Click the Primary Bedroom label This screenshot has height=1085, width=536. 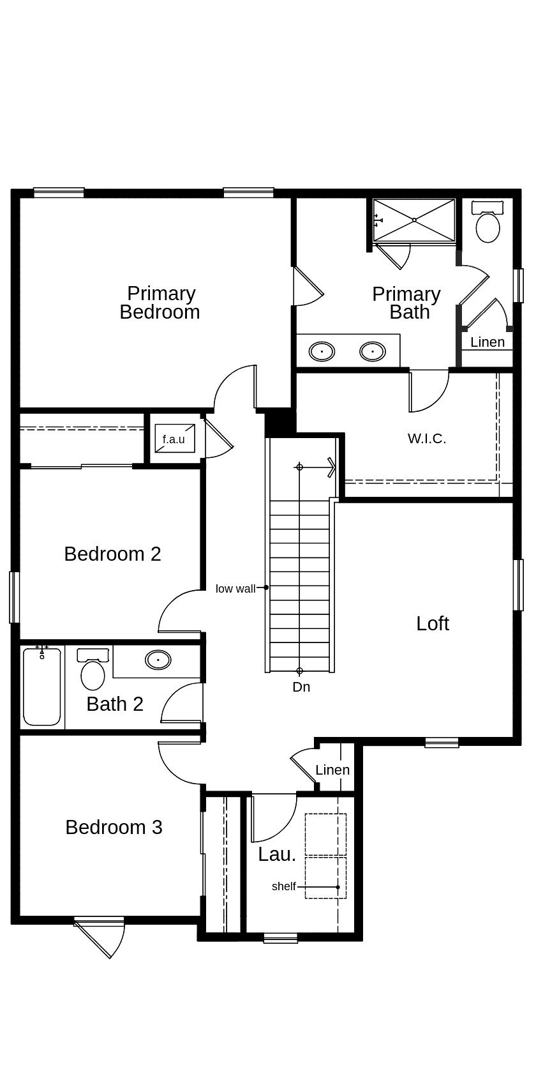tap(160, 303)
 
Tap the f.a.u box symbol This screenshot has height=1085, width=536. tap(174, 438)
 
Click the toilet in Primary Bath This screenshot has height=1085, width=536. tap(488, 227)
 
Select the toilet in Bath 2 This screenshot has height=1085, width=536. tap(93, 674)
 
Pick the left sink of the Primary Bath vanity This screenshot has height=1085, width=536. tap(322, 351)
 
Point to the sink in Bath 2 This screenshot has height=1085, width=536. tap(158, 659)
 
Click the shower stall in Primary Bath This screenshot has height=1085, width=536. tap(414, 220)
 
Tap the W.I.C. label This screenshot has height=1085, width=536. tap(427, 439)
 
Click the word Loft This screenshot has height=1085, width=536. tap(433, 623)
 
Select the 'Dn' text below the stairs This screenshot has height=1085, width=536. tap(301, 687)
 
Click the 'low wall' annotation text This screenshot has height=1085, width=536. tap(235, 589)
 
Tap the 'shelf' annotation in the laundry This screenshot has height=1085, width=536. tap(283, 886)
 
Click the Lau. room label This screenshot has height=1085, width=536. tap(277, 854)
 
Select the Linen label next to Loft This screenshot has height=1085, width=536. tap(332, 770)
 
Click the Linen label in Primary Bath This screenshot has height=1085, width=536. tap(488, 342)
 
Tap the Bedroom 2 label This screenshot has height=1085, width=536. tap(112, 554)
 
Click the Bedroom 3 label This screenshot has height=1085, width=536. tap(114, 828)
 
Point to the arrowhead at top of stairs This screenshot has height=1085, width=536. tap(331, 467)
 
